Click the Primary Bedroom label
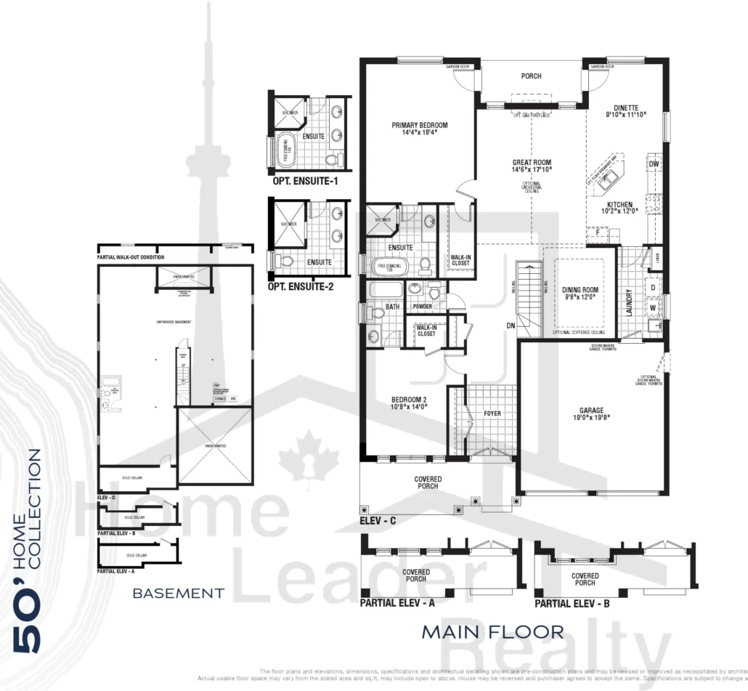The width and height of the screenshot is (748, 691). (x=420, y=125)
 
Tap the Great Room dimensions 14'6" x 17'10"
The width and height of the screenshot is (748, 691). (x=532, y=169)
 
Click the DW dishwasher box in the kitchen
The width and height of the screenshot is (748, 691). (x=654, y=164)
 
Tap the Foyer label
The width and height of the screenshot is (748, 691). (x=492, y=413)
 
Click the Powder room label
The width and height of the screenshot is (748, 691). (x=423, y=307)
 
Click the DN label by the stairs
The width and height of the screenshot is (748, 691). (x=511, y=326)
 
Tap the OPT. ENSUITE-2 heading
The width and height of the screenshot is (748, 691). (x=301, y=286)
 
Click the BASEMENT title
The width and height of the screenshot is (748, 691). (x=178, y=594)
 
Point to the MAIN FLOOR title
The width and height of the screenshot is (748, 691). (x=492, y=631)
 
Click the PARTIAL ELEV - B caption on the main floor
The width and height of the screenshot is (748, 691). (x=572, y=603)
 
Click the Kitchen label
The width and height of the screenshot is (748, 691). (x=617, y=205)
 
